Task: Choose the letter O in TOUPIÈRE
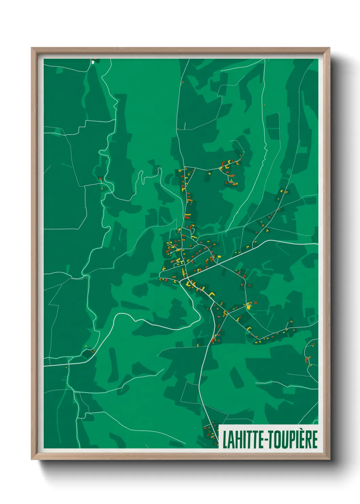(x=277, y=439)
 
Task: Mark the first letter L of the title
(x=225, y=439)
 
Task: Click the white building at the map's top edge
(x=93, y=62)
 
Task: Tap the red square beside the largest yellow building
(x=255, y=302)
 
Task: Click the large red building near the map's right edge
(x=306, y=360)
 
